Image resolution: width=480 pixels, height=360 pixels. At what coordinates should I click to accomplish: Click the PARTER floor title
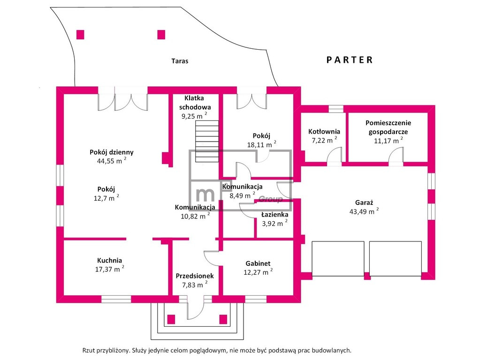350,60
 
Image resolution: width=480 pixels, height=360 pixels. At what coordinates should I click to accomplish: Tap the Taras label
180,61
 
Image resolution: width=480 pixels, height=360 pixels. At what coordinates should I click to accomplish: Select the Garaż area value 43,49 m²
364,211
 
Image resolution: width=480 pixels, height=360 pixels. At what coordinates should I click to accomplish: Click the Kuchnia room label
110,260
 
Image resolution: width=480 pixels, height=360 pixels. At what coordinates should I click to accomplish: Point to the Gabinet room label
258,263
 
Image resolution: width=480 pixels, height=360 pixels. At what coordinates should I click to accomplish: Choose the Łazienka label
274,215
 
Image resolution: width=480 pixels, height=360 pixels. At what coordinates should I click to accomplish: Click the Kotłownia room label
324,132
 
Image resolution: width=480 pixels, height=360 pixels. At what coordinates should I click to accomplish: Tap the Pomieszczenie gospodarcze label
388,127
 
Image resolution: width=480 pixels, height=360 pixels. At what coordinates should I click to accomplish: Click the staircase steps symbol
207,141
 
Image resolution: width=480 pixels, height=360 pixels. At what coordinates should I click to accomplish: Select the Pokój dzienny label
111,152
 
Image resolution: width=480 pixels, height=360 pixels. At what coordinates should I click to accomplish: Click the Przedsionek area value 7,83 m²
195,285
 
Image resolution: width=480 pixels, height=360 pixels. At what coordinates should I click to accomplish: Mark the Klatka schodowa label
195,103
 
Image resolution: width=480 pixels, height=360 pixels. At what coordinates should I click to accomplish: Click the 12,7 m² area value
106,198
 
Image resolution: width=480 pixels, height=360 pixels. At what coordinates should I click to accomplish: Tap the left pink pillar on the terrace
80,35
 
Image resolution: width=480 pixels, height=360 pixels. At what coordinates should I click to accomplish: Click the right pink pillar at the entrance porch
223,319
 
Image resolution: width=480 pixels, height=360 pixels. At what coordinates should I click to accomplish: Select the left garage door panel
338,259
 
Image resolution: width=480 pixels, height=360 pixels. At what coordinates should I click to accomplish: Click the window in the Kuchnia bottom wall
116,299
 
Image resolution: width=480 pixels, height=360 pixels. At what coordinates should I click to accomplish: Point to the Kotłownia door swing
334,156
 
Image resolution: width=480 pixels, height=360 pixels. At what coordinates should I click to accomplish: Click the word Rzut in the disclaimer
88,351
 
